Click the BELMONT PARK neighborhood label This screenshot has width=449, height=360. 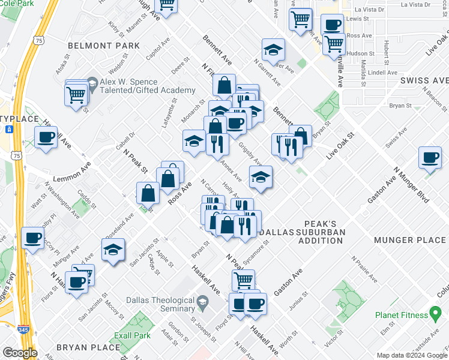tap(103, 46)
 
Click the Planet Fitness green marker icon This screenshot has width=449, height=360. tap(436, 314)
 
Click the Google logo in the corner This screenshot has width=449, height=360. tap(19, 352)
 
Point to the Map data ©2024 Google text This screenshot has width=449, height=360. tap(412, 355)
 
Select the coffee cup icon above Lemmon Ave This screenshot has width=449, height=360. tap(46, 139)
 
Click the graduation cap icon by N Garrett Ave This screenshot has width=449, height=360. tap(273, 50)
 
